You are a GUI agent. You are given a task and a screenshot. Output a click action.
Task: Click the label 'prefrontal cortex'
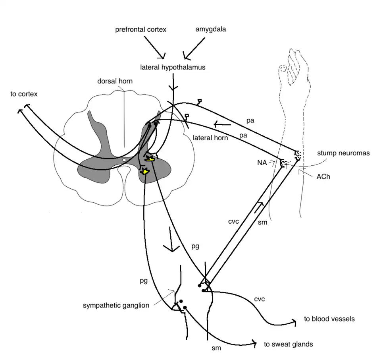140,30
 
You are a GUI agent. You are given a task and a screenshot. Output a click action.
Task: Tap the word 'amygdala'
211,29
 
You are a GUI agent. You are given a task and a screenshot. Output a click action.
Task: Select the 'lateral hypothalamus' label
173,67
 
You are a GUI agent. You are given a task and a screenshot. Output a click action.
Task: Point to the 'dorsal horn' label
115,81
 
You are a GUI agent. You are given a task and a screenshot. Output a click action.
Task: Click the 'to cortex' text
24,94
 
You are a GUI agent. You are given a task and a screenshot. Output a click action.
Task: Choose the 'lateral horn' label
210,138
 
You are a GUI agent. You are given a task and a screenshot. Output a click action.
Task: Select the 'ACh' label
323,177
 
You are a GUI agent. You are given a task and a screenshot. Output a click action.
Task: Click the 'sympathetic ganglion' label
116,306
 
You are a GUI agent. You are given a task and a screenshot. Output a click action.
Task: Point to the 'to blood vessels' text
329,319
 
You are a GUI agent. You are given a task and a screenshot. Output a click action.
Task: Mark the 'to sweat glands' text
288,344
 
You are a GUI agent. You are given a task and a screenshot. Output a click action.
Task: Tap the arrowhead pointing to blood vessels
294,322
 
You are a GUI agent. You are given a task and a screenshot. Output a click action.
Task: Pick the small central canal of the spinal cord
124,160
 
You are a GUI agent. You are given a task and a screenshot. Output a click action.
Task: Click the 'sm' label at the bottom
216,348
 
